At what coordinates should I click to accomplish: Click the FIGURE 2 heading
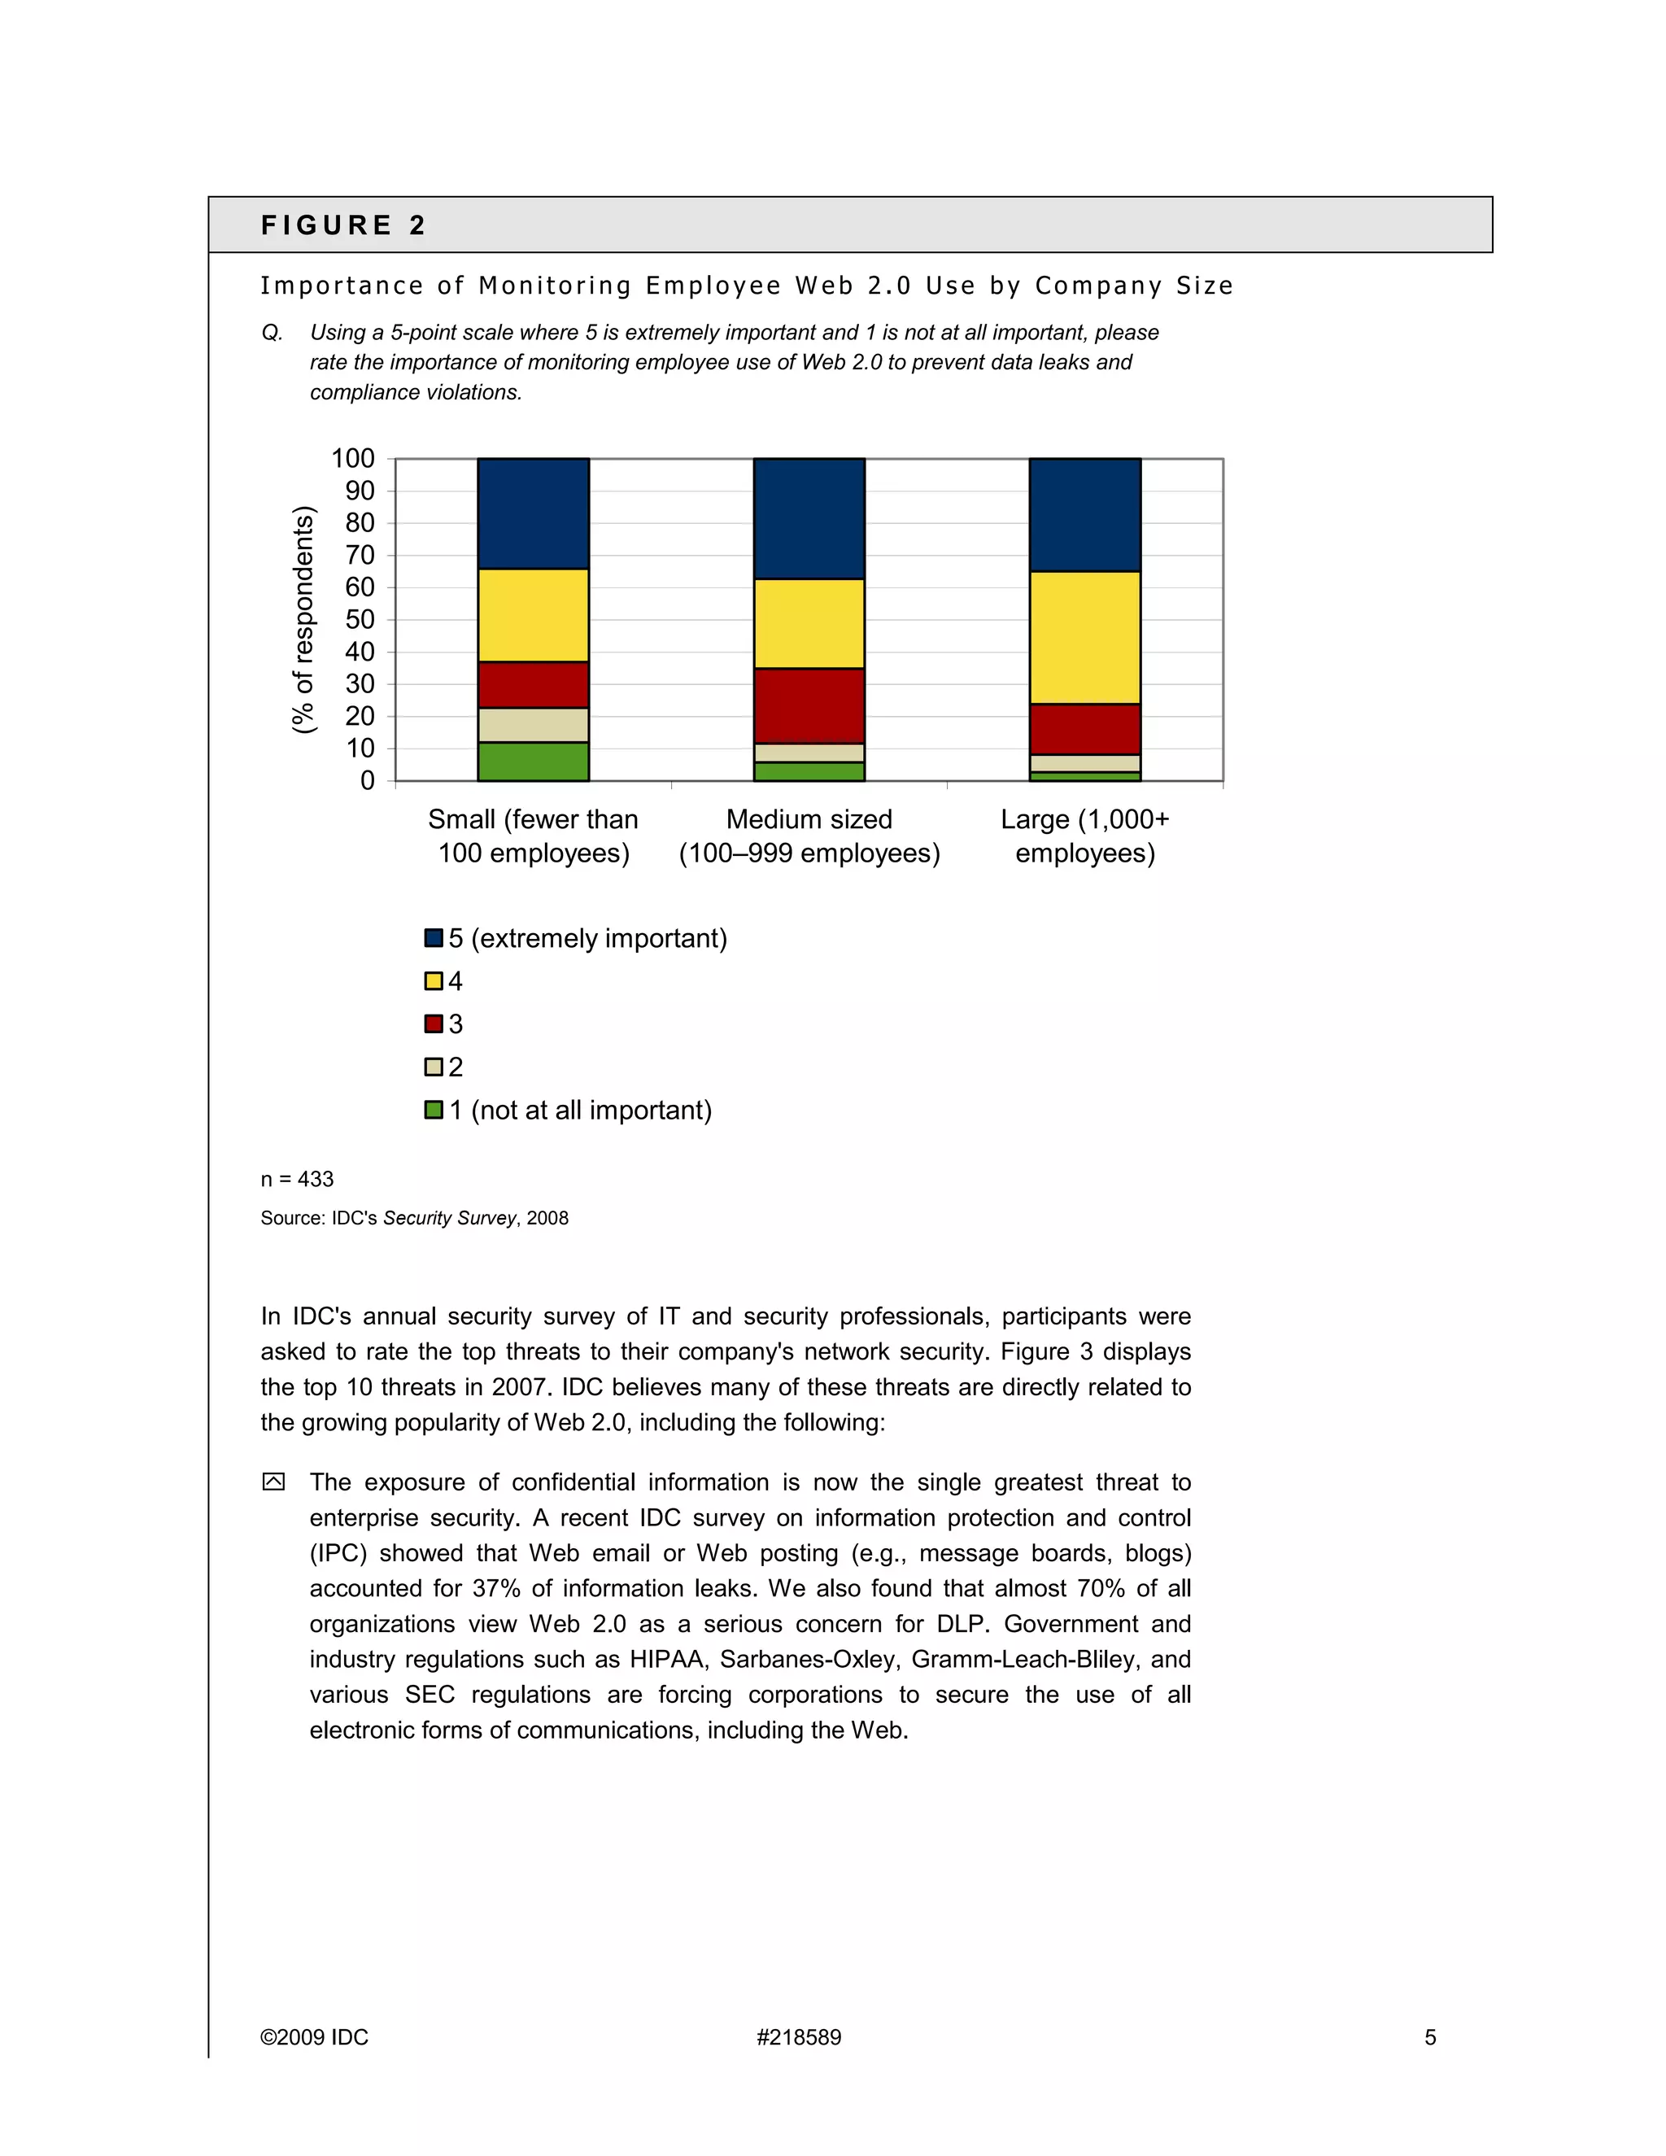(342, 225)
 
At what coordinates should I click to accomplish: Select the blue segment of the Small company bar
(533, 513)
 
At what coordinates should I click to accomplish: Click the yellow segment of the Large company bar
(1084, 638)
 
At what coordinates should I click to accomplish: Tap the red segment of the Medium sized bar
(809, 706)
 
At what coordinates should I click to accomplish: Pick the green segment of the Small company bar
(533, 762)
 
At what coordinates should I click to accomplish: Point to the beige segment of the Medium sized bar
(809, 753)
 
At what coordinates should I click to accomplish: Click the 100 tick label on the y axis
(352, 458)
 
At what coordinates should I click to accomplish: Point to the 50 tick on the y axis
(360, 619)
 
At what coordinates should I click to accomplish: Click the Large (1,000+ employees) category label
(1084, 836)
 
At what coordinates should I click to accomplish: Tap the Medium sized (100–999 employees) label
(809, 836)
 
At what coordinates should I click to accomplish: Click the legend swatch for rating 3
(434, 1023)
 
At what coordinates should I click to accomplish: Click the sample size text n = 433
(297, 1179)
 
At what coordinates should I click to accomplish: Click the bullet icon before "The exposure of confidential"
(273, 1482)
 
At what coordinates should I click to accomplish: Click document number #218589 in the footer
(799, 2037)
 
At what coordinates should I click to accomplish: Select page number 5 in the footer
(1430, 2037)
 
